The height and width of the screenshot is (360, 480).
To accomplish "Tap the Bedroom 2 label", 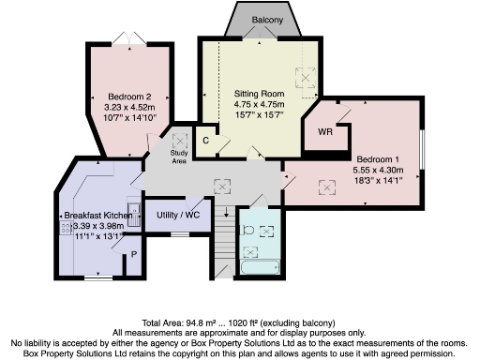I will tap(129, 97).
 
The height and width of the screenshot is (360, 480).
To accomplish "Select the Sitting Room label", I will tap(258, 93).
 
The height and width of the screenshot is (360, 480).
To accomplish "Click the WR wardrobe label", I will tap(325, 133).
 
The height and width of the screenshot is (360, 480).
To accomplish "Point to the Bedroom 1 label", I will tap(375, 159).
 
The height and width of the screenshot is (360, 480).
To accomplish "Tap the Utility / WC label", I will tap(178, 216).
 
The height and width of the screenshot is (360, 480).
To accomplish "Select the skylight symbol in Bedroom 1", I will tap(329, 185).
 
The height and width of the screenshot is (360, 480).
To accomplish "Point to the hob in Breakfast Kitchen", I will tap(68, 239).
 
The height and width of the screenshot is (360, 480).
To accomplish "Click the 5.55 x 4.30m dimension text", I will tap(377, 171).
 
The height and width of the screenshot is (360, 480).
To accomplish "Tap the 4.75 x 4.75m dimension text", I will tap(258, 104).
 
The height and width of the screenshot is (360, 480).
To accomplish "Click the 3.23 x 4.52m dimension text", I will tap(129, 108).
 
